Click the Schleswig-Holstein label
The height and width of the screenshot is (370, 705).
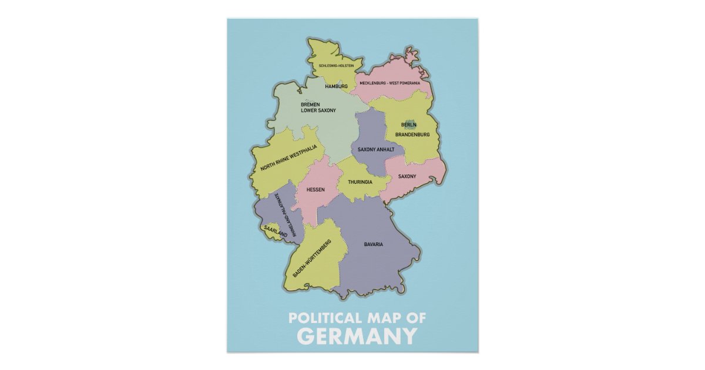(336, 66)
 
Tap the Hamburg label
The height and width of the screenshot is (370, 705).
(337, 86)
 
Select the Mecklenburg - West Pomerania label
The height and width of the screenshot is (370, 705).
(390, 83)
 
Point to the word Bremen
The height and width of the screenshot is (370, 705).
(310, 104)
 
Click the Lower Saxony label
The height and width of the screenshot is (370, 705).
(318, 110)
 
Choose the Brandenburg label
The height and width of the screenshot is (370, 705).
(412, 134)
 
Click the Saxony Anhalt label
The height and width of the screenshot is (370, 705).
(376, 150)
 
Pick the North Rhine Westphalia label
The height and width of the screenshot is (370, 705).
(284, 163)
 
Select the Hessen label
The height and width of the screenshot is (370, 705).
(315, 190)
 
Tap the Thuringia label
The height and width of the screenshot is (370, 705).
(360, 182)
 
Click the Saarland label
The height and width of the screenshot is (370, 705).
(275, 231)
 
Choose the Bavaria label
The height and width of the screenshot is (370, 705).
(374, 244)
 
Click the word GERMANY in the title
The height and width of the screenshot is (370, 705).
(357, 337)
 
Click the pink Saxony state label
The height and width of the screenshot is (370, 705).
(407, 176)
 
